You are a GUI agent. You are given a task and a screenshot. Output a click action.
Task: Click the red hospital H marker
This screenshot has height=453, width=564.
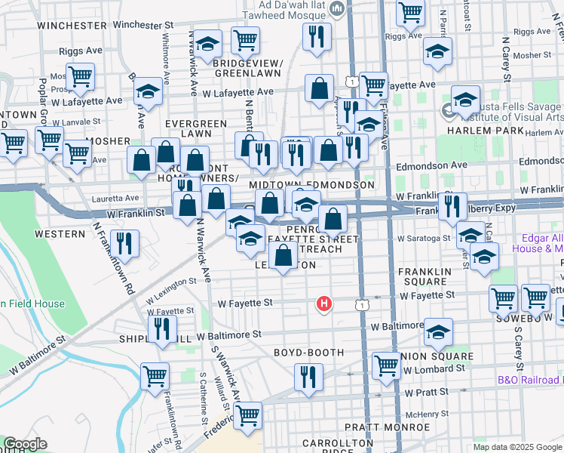point(324,304)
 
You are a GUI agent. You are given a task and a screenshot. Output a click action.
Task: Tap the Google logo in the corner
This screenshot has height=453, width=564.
point(26,444)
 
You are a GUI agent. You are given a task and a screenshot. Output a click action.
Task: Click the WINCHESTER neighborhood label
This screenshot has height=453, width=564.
point(72,25)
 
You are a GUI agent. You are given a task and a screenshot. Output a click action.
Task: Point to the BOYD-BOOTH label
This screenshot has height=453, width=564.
point(308,353)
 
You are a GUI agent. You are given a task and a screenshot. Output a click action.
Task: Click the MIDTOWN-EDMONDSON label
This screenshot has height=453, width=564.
point(311,185)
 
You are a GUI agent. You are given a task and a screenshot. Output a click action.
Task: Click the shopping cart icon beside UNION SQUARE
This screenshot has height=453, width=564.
point(386,365)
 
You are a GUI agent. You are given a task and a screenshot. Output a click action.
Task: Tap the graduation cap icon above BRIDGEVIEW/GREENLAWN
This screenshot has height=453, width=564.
point(208,46)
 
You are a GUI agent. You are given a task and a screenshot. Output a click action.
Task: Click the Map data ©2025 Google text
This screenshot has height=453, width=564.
point(516,447)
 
